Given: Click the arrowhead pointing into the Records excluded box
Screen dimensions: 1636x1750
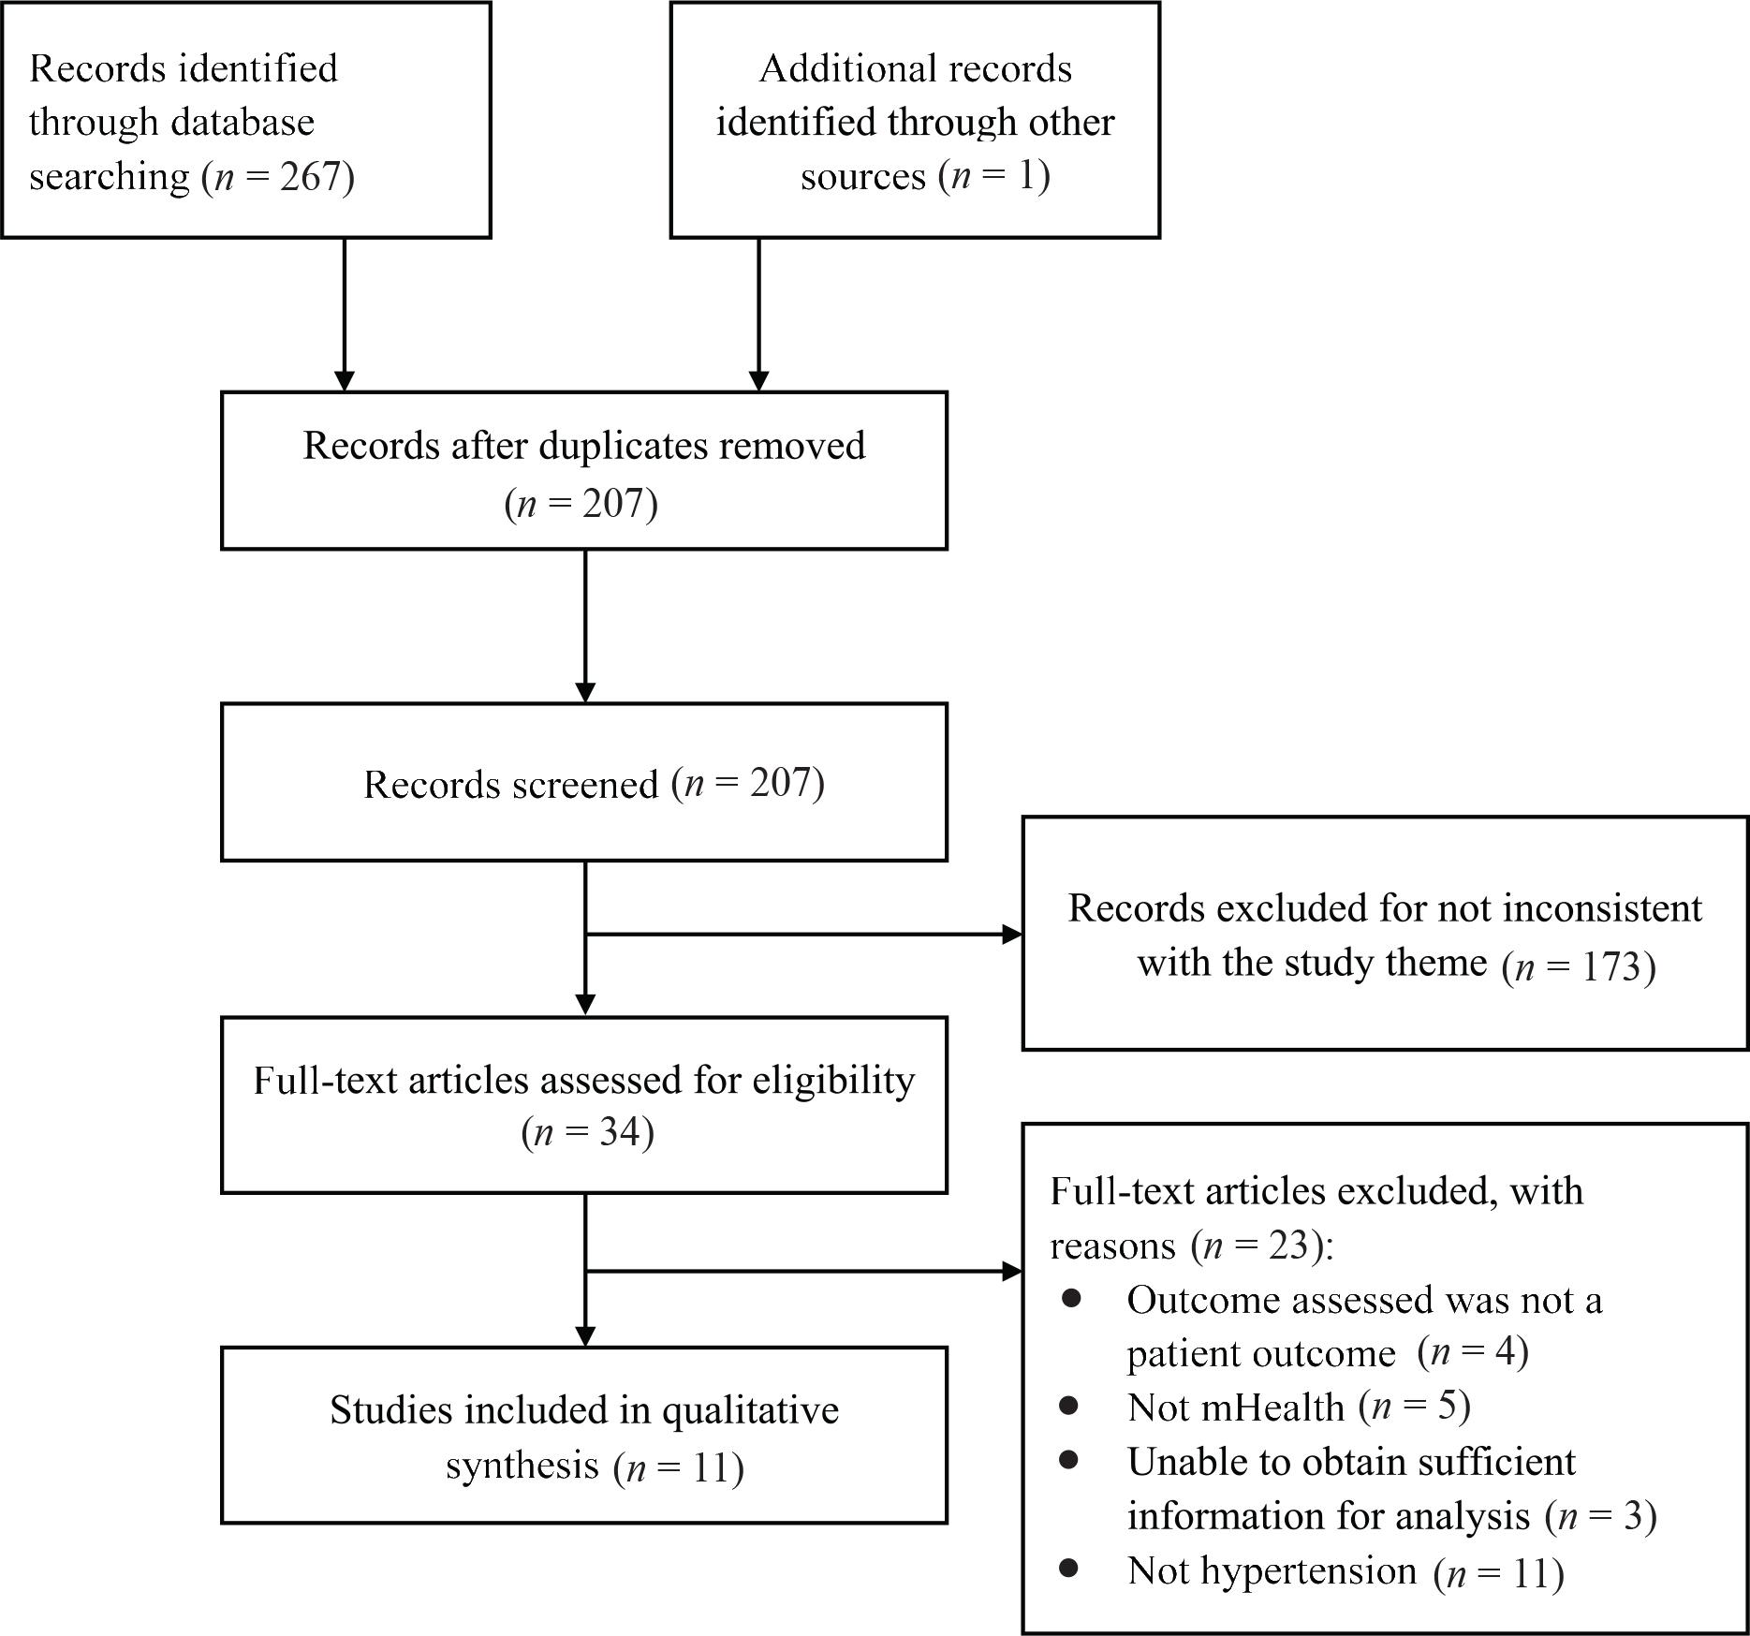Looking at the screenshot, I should [1011, 934].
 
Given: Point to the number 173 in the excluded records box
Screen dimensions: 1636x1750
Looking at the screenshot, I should [1610, 966].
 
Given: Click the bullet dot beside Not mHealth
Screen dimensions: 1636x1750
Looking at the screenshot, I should [1070, 1406].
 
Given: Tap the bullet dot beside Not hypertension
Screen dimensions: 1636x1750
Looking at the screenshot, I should [1070, 1569].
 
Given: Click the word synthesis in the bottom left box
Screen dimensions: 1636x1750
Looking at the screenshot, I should [521, 1465].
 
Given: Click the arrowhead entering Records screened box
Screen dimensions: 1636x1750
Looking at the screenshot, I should [585, 692].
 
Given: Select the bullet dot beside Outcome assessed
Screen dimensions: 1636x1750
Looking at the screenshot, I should [1070, 1298].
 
